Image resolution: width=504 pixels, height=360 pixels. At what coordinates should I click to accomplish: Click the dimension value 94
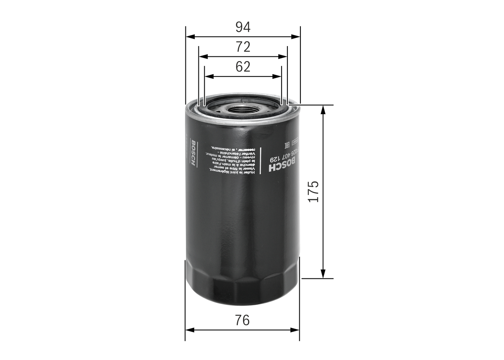click(243, 27)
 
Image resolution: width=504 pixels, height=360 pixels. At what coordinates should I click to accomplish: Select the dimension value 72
click(243, 47)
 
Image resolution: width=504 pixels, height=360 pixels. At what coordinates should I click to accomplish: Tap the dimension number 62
click(243, 67)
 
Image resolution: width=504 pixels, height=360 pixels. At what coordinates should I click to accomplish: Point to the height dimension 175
click(313, 191)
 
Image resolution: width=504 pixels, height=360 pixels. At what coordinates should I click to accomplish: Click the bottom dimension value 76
click(243, 320)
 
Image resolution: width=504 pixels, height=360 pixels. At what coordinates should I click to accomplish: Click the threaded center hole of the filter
click(242, 109)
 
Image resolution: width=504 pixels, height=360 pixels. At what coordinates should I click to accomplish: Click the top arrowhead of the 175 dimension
click(323, 109)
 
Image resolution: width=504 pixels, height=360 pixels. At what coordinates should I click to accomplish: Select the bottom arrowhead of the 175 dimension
click(323, 274)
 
